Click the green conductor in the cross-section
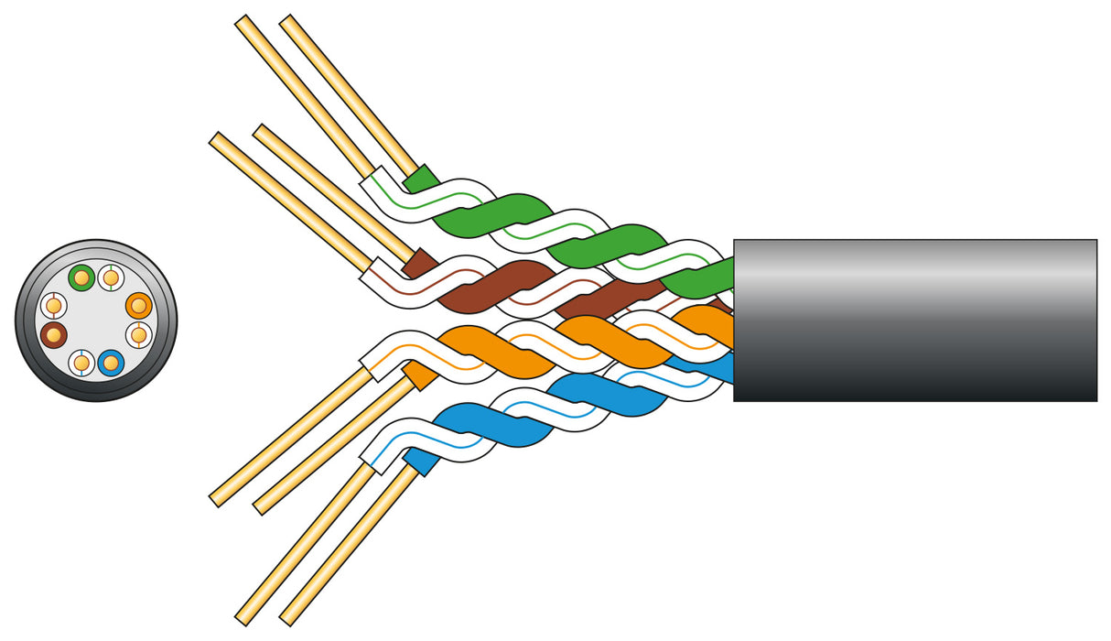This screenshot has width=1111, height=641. [x=81, y=276]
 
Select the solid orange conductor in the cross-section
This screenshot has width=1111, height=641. [x=138, y=305]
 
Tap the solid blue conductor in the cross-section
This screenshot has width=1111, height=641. [x=111, y=364]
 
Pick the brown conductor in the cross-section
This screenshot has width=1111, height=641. [x=53, y=335]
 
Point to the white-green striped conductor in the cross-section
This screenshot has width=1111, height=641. [x=111, y=276]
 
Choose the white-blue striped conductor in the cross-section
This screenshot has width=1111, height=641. [x=81, y=364]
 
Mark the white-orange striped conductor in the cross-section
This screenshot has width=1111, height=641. [x=138, y=335]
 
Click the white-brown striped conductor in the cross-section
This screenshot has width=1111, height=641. [x=53, y=305]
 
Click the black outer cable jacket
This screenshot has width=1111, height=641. [x=915, y=320]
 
